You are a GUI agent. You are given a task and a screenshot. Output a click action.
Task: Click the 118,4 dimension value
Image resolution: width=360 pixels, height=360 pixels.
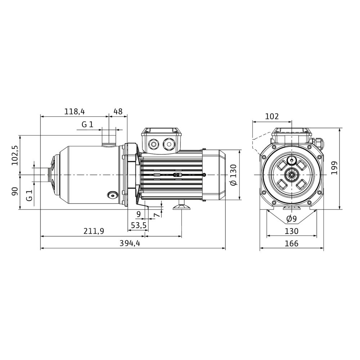75,112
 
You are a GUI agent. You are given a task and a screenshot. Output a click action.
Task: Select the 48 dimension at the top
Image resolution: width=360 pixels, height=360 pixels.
118,112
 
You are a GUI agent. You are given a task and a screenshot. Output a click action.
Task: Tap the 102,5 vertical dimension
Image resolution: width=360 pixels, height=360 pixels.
15,155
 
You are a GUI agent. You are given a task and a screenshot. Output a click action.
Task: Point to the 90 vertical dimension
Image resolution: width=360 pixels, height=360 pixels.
15,192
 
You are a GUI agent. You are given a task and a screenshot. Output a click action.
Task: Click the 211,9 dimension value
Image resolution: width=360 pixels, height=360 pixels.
94,231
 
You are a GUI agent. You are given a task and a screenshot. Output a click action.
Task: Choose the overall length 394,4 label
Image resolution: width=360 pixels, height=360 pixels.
130,243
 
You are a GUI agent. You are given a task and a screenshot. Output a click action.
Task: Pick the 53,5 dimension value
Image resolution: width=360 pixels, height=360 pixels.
139,225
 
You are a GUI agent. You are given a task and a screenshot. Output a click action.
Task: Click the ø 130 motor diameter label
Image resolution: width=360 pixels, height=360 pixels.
233,175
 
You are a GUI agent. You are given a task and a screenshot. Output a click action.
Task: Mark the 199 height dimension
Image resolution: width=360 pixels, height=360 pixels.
334,168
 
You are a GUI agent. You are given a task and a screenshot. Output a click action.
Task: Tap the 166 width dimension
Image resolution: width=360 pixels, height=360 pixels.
292,243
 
